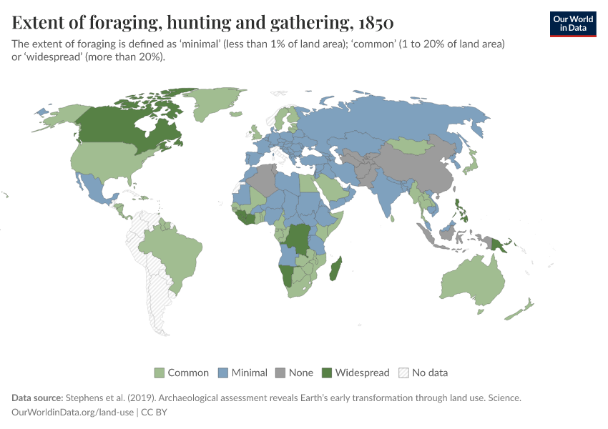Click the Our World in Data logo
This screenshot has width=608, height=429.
572,23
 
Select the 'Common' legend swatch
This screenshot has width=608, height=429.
160,373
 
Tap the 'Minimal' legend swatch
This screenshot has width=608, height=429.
223,373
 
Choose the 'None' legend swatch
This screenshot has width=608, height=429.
280,373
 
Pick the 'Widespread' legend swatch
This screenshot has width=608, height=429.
327,373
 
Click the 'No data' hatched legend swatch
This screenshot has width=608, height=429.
403,373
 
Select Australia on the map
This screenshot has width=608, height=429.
469,282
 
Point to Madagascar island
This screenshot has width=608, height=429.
334,269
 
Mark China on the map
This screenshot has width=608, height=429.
422,172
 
